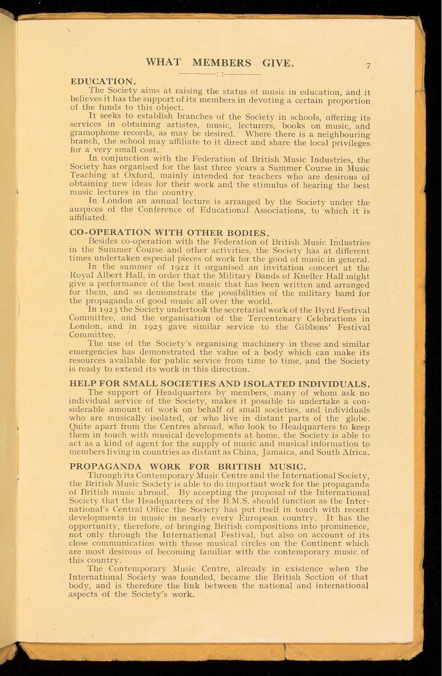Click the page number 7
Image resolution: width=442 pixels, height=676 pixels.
click(368, 66)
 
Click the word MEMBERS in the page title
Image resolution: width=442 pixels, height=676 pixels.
click(222, 63)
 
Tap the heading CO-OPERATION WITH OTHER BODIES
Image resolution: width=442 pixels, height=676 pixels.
click(170, 232)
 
